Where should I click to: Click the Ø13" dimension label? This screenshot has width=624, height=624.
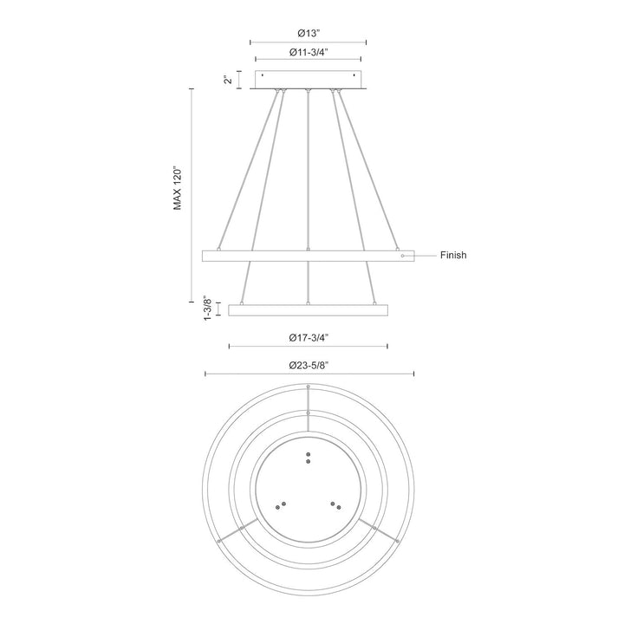[x=308, y=33]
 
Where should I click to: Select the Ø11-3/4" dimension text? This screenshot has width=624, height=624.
[x=308, y=52]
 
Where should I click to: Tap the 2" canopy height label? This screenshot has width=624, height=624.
[x=228, y=80]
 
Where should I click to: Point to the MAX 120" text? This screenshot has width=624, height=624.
[x=177, y=188]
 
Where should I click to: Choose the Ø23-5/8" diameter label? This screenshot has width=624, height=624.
[x=308, y=366]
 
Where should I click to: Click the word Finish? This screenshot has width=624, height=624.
[x=453, y=256]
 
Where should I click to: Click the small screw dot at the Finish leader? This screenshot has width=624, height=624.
[x=401, y=256]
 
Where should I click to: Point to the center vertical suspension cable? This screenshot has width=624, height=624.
[x=309, y=173]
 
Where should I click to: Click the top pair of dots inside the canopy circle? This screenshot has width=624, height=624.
[x=309, y=458]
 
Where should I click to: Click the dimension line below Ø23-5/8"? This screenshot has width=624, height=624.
[x=309, y=375]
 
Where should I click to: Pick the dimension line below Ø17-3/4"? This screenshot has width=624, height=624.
[x=309, y=347]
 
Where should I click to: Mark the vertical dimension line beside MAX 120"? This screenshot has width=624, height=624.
[x=192, y=195]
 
